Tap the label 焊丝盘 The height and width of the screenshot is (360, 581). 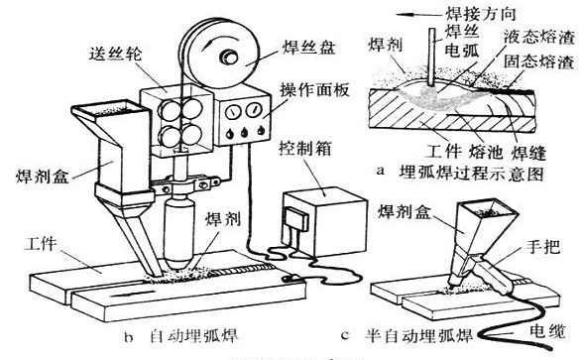point(289,41)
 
